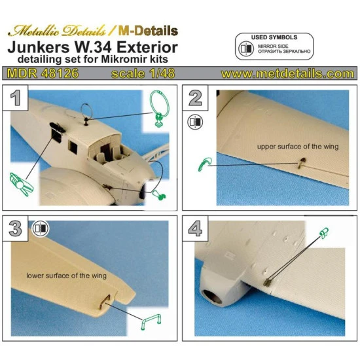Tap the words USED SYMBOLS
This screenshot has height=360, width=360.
pos(274,38)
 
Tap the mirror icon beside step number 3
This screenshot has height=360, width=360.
pos(40,228)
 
